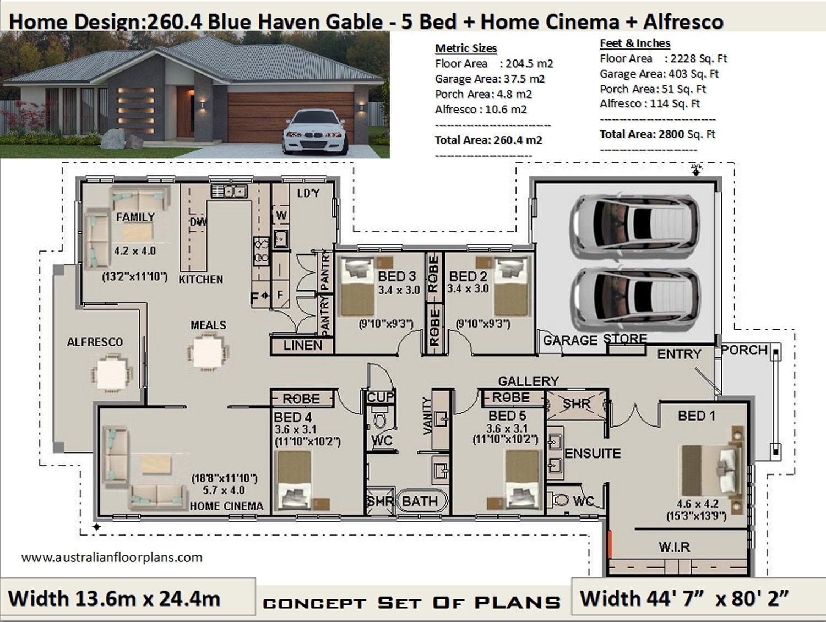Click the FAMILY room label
[135, 217]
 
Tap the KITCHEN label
[201, 280]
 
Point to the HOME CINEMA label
[226, 506]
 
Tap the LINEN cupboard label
[302, 346]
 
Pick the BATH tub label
[420, 501]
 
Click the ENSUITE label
[593, 454]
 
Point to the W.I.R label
[674, 547]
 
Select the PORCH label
[745, 350]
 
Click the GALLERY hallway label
[528, 381]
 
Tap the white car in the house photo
[314, 132]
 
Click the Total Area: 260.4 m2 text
[488, 140]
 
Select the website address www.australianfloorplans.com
[112, 558]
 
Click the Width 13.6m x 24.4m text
[115, 598]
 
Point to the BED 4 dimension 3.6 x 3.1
[295, 430]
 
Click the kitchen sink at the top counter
[230, 191]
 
